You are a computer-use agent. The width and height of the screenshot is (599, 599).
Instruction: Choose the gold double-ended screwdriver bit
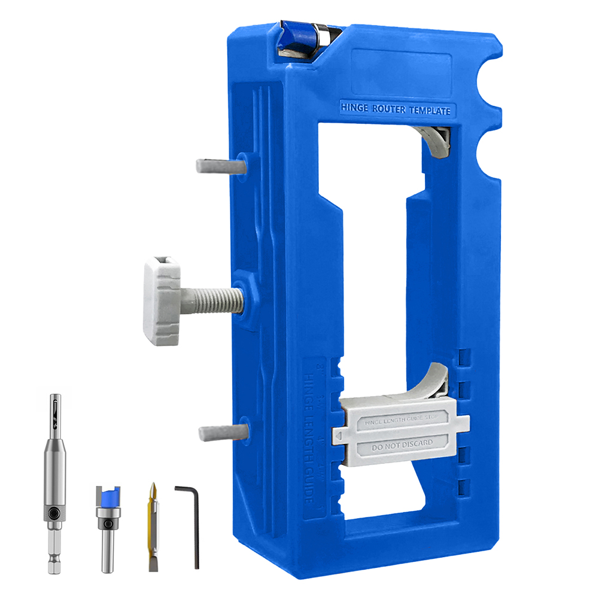point(154,527)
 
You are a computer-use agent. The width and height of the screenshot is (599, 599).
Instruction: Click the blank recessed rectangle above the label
point(401,69)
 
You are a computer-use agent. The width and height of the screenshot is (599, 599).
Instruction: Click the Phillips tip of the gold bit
point(154,489)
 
